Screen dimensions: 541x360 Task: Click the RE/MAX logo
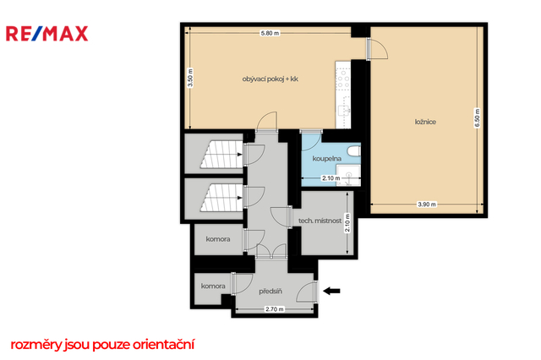click(47, 34)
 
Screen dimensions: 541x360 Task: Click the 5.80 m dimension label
click(270, 34)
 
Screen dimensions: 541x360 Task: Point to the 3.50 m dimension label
click(190, 78)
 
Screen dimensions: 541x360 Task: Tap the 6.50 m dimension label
click(477, 118)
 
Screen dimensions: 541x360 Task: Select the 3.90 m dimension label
click(427, 205)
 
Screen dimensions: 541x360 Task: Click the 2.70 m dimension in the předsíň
click(275, 309)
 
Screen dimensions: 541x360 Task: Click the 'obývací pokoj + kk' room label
click(270, 79)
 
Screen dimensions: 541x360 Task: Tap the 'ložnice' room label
click(425, 122)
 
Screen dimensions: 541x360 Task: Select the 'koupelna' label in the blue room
click(327, 159)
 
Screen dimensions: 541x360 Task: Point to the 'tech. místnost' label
click(320, 221)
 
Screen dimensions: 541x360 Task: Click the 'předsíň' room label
click(270, 292)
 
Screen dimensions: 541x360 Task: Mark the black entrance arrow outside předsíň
click(331, 291)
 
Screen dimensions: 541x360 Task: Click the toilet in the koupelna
click(354, 151)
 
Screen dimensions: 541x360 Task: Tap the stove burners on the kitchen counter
click(343, 79)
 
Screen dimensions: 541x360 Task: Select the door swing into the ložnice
click(378, 49)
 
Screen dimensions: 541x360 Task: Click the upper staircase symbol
click(221, 154)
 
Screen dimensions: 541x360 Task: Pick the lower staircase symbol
click(221, 197)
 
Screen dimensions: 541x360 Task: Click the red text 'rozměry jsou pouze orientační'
click(102, 345)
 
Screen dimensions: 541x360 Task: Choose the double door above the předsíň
click(271, 251)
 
